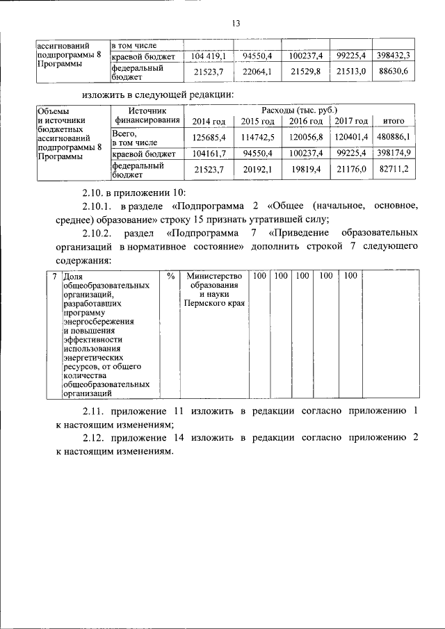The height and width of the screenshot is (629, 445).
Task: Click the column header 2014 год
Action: [209, 122]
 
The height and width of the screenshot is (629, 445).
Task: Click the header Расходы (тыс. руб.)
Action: [300, 110]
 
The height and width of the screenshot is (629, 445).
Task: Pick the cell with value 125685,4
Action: [209, 137]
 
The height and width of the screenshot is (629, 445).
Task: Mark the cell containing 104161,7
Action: [209, 152]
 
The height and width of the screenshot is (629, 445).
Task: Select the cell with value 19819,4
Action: [306, 170]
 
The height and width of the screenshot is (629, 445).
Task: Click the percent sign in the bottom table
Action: [170, 276]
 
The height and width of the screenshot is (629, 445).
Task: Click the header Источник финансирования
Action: [147, 115]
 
